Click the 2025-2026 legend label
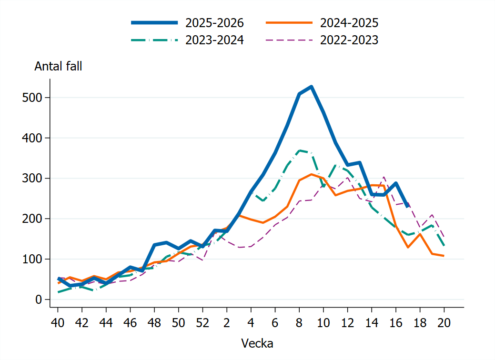[214, 23]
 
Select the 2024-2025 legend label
[349, 23]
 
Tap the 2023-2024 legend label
[214, 40]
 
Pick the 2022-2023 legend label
[349, 40]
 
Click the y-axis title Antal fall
[58, 66]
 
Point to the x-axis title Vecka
[257, 343]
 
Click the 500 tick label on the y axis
[32, 98]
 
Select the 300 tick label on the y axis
[32, 178]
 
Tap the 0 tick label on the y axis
[39, 300]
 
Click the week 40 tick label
[58, 323]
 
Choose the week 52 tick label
[202, 323]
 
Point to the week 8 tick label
[299, 323]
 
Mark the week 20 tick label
[444, 323]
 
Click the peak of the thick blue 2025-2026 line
[311, 87]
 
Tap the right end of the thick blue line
[407, 206]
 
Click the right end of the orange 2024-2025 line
[444, 256]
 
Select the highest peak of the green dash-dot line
[299, 150]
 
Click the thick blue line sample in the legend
[155, 23]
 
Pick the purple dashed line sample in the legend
[289, 40]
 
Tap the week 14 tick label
[372, 323]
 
